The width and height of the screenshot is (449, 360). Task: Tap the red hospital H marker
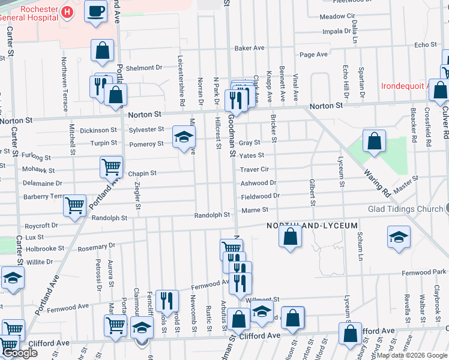[67, 11]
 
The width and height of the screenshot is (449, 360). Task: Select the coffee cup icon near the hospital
[95, 12]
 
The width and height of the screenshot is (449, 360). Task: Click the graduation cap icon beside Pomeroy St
[184, 136]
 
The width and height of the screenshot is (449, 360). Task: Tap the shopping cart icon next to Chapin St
[111, 167]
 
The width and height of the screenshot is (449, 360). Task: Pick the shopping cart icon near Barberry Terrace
[74, 206]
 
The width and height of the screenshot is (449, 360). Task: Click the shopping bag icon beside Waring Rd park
[374, 142]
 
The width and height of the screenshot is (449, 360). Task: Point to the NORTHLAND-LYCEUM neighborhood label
[312, 226]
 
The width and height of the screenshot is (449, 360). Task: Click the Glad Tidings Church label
[405, 209]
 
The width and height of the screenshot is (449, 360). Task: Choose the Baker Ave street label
[249, 48]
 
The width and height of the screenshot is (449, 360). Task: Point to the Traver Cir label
[255, 170]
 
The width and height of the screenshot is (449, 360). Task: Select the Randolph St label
[212, 215]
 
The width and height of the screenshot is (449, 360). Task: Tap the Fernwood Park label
[423, 273]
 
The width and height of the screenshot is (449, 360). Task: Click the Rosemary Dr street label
[95, 246]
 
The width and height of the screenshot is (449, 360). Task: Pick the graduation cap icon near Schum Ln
[399, 236]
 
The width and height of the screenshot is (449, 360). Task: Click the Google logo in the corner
[20, 353]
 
